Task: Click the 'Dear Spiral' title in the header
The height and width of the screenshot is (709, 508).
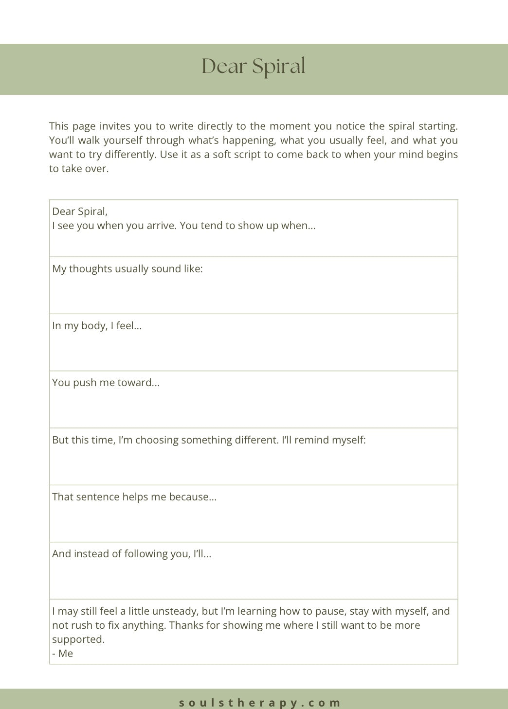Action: click(x=254, y=67)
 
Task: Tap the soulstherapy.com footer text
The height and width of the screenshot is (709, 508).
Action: click(x=260, y=702)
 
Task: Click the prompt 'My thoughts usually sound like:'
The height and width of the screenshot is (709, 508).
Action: click(x=127, y=269)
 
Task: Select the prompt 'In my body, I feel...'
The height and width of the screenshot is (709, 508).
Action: click(x=97, y=326)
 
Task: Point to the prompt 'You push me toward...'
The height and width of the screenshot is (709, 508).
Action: click(x=106, y=383)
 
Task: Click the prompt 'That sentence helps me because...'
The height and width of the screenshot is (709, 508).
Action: click(x=134, y=497)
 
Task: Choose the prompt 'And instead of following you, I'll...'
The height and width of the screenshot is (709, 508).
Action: click(x=131, y=554)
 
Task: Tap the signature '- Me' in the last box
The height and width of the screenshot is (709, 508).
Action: click(x=63, y=654)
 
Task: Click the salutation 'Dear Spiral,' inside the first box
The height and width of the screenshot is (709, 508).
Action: click(x=80, y=212)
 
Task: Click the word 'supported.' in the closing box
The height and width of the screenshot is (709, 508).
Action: click(x=78, y=639)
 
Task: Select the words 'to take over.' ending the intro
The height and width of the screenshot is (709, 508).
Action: click(x=79, y=169)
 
